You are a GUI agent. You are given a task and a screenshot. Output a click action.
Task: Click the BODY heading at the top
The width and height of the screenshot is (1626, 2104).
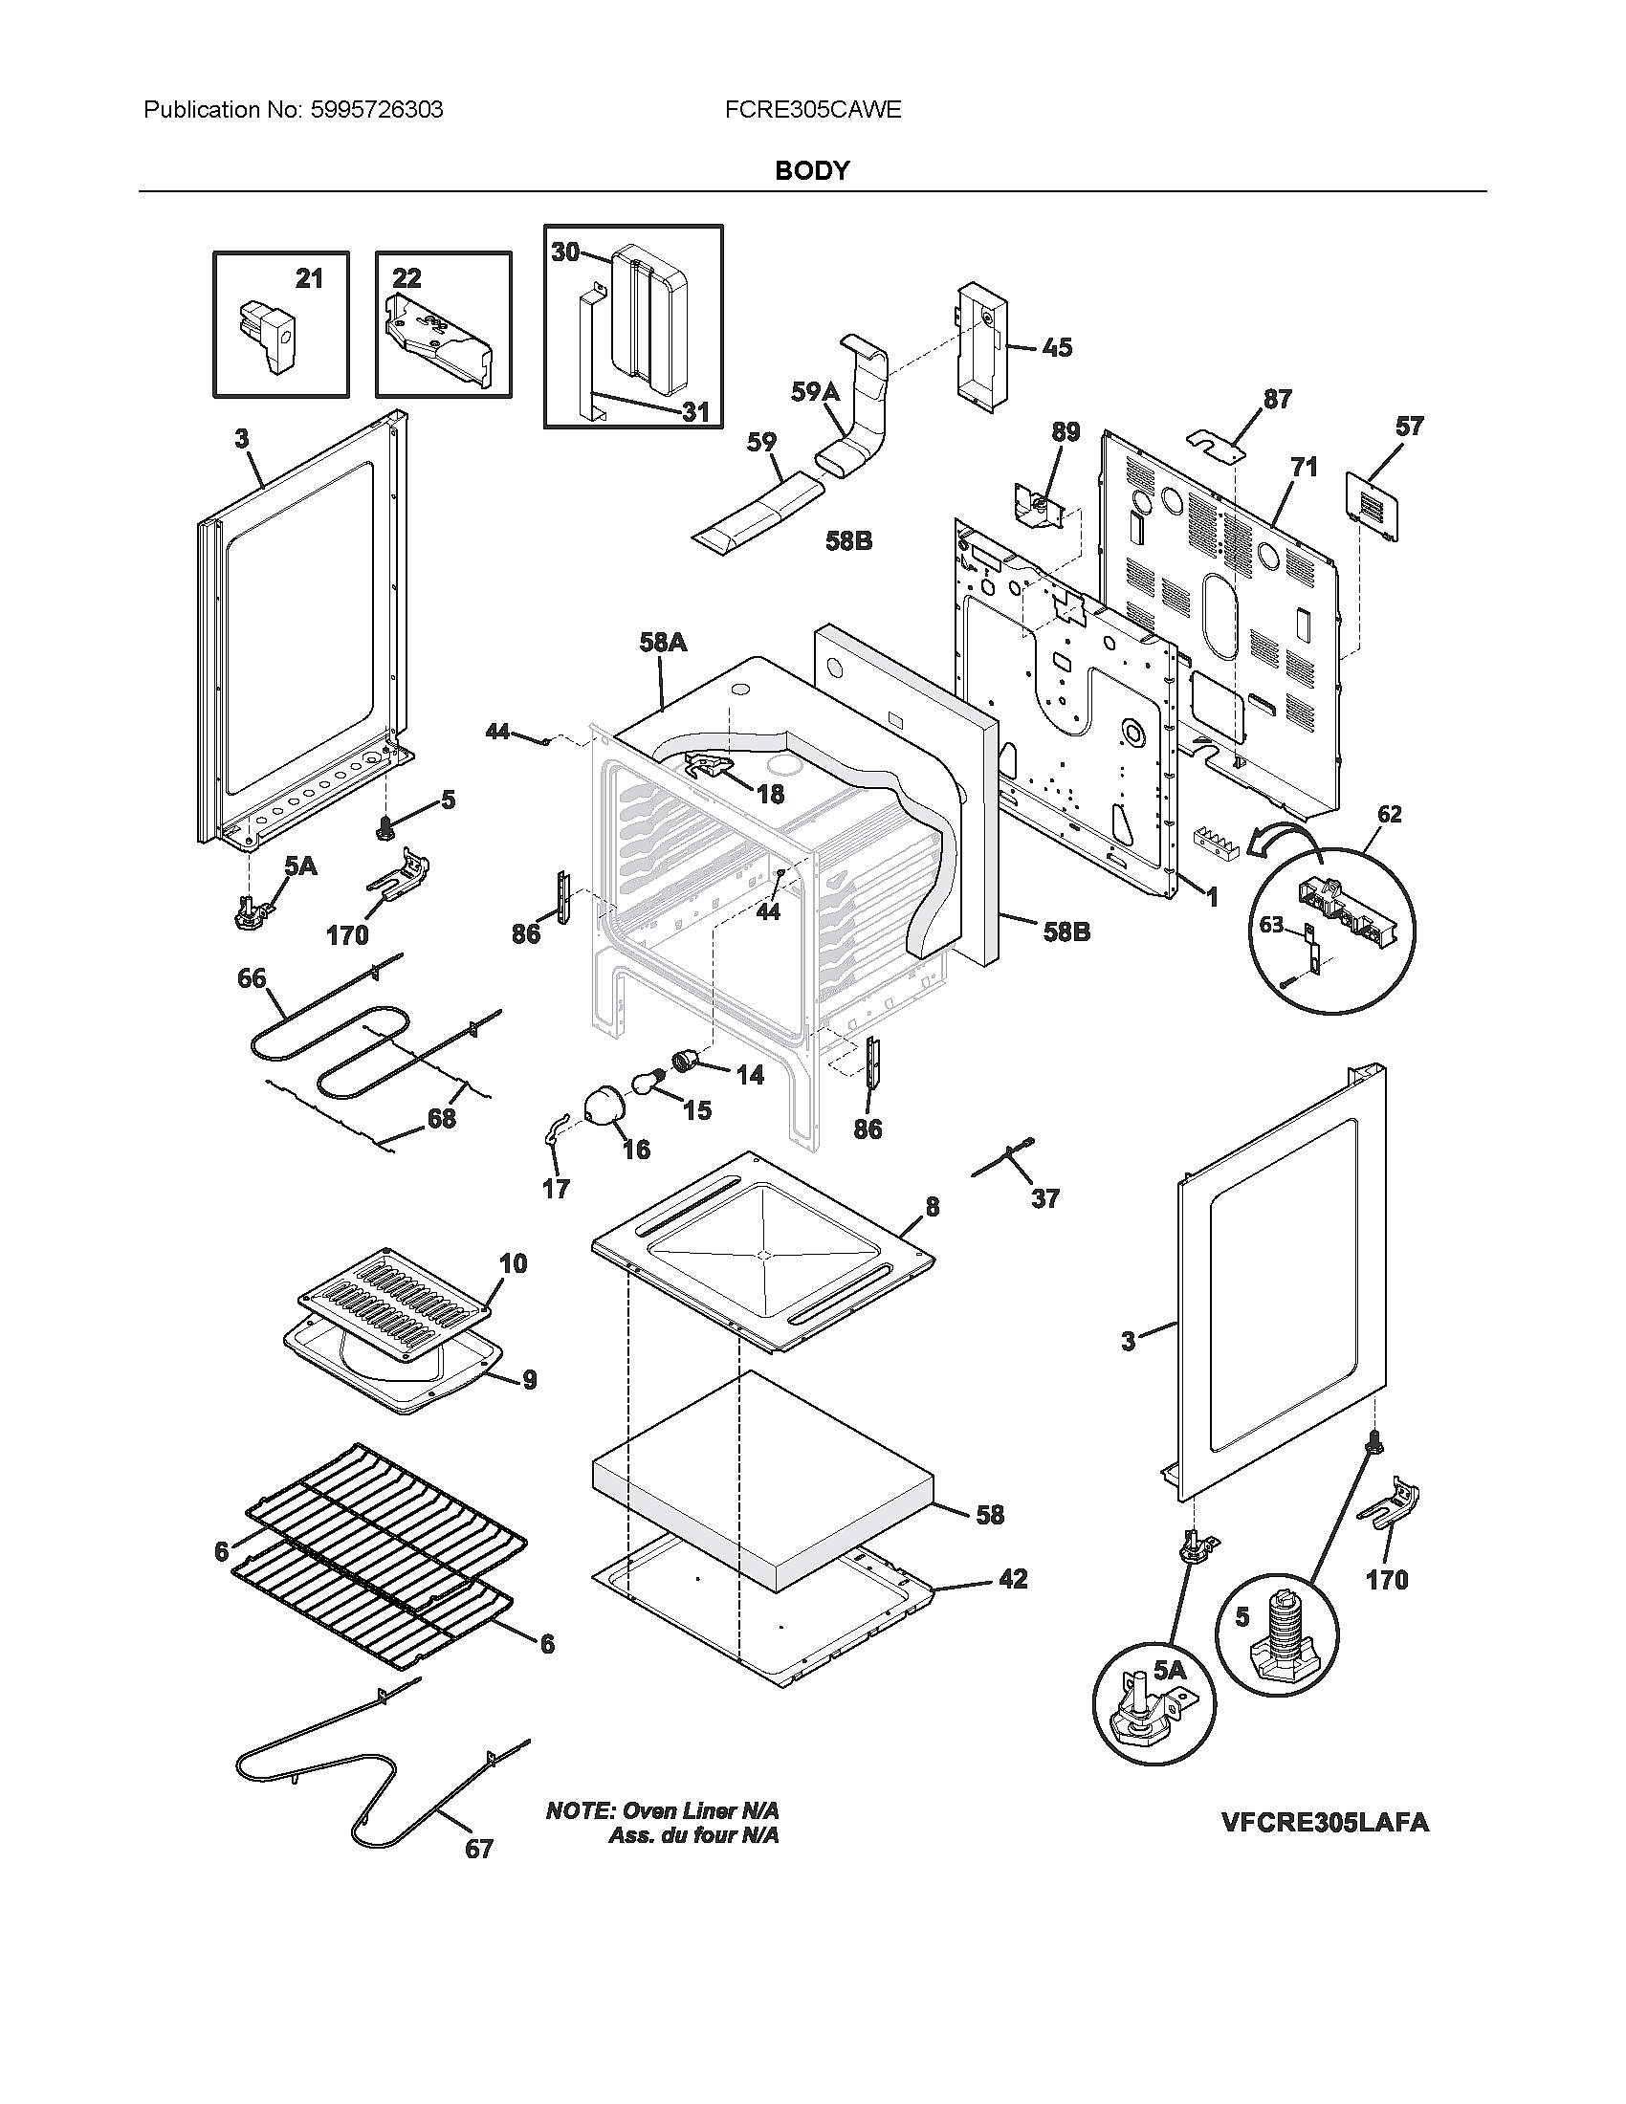[x=812, y=170]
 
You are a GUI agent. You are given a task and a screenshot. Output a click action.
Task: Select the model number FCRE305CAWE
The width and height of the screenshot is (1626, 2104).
[x=812, y=110]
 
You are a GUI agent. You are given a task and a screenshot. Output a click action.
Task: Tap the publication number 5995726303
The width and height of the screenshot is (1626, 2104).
[x=377, y=110]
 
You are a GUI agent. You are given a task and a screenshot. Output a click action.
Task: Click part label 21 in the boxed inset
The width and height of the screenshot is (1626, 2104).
[x=308, y=279]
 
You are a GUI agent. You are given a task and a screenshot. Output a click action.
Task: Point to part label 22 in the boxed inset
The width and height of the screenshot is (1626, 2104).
[x=406, y=278]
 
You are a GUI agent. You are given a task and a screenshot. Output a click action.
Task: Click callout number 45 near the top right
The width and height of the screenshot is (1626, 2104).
[x=1057, y=348]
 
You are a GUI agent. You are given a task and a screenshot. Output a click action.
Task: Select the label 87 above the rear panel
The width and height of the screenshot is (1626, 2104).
[x=1277, y=399]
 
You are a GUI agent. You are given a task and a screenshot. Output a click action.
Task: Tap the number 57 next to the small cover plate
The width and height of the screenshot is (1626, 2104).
[x=1408, y=426]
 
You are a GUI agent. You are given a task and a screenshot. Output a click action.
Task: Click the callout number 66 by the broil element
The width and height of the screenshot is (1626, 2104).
[x=252, y=978]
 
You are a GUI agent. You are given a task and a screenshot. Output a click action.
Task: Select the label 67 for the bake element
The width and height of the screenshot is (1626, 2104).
[x=479, y=1849]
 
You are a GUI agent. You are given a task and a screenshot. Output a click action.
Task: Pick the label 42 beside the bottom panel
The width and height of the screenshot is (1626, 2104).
[x=1013, y=1579]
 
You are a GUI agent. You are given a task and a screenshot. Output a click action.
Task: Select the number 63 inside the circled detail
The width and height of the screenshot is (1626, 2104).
[x=1271, y=925]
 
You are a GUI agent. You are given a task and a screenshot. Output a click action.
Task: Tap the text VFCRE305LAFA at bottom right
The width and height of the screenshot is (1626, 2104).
[x=1325, y=1822]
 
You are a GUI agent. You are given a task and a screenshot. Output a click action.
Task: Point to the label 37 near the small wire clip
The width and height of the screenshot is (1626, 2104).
[x=1045, y=1199]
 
